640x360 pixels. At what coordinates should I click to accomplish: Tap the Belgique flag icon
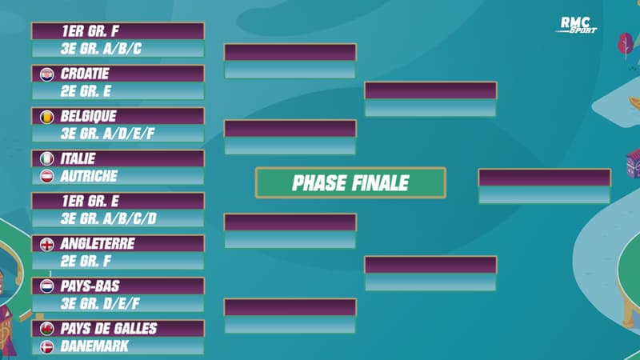pos(46,116)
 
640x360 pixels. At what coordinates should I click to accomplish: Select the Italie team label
pos(81,158)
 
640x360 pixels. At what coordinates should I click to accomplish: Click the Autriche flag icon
pos(46,176)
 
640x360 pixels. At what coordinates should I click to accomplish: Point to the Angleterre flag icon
pos(46,243)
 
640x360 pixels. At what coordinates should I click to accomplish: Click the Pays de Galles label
pos(109,328)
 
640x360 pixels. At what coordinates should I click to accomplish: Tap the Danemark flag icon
pos(46,346)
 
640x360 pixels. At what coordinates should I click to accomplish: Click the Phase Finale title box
pos(350,182)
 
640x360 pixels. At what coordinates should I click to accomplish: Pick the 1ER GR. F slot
pos(118,31)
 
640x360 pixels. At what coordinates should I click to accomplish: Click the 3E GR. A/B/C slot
pos(118,49)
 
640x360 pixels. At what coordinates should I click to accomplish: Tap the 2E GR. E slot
pos(118,91)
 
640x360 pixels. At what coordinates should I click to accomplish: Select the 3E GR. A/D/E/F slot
pos(118,134)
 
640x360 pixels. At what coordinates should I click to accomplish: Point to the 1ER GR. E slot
pos(118,201)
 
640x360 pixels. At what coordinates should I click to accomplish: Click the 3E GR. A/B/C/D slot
pos(118,218)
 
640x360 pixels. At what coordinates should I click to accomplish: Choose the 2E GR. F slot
pos(118,261)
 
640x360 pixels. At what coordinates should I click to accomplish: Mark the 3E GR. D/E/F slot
pos(118,303)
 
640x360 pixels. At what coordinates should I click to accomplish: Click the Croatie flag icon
pos(46,74)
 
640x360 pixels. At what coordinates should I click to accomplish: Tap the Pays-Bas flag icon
pos(46,286)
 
